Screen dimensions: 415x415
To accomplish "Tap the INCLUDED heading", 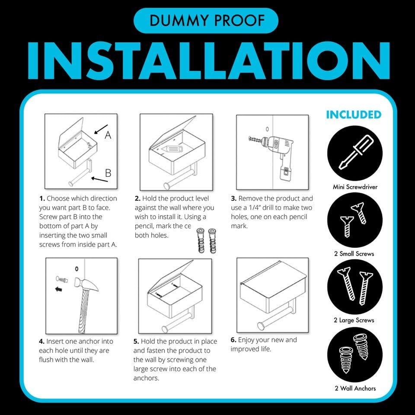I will click(354, 115).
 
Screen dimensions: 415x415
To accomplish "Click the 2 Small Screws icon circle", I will click(354, 220).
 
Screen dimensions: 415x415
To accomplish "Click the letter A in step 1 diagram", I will click(108, 135).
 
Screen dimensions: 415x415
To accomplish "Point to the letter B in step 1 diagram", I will click(108, 174).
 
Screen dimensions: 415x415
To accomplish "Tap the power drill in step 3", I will click(276, 153).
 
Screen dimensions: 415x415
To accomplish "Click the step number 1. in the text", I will click(42, 199).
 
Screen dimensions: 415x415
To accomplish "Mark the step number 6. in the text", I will click(233, 340).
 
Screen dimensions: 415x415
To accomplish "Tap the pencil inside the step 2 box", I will click(171, 150).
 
